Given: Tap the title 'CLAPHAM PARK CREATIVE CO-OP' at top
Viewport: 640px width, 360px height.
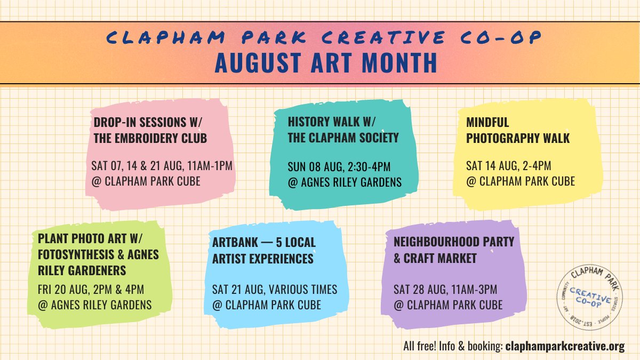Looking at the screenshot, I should tap(325, 38).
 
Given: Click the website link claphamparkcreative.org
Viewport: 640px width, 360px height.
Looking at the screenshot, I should tap(565, 346).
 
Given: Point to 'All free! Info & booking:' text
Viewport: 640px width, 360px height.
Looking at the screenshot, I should tap(453, 346).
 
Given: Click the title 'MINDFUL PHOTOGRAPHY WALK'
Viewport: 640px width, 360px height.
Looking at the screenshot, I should tap(518, 130).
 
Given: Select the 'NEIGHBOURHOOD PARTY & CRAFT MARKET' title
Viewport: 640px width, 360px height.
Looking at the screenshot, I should tap(454, 250).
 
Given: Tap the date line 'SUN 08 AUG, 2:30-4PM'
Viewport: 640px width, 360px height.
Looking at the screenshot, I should tap(339, 166).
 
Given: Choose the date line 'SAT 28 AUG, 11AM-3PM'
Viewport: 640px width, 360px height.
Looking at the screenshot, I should tap(445, 290).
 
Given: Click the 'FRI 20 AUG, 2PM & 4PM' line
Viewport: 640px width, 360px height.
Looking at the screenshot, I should tap(91, 290).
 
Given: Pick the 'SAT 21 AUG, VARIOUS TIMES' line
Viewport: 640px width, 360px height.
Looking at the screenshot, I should tap(275, 290).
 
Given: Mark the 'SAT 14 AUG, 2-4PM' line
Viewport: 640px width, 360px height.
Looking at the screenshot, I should tap(508, 165).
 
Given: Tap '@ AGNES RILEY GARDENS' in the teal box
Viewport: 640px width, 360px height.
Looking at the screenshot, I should tap(345, 182).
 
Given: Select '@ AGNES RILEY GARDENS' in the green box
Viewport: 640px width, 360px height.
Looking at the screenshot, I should tap(94, 305).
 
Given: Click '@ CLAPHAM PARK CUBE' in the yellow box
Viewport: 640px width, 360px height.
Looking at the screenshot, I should tap(521, 181).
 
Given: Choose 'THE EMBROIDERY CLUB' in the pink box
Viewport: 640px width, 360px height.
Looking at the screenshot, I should tap(150, 138).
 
